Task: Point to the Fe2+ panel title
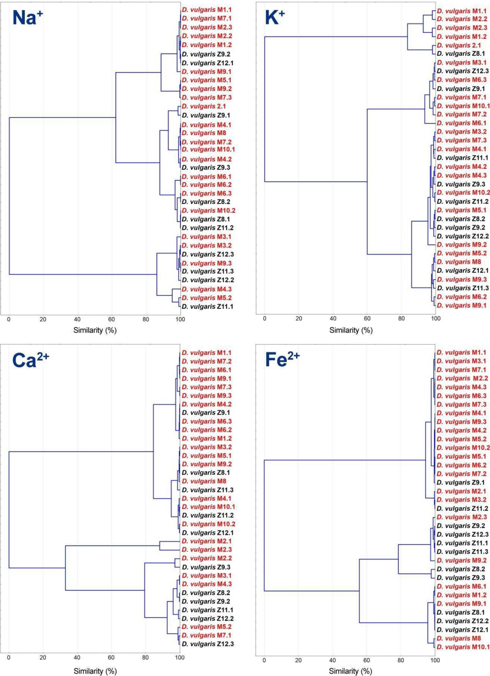point(282,360)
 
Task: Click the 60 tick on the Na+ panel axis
point(111,319)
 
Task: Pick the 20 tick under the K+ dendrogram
point(299,319)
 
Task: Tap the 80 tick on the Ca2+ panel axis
point(145,657)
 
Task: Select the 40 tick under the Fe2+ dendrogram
point(332,660)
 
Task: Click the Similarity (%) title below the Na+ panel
point(95,330)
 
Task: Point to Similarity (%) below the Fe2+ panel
point(350,671)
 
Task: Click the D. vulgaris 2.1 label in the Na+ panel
point(203,106)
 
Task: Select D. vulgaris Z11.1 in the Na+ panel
point(207,307)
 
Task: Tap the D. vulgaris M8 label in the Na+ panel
point(203,133)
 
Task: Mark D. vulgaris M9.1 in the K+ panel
point(462,305)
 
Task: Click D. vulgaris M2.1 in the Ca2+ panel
point(207,541)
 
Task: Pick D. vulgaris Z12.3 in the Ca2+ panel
point(207,644)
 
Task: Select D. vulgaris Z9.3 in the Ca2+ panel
point(206,567)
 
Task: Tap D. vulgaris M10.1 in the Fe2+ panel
point(463,647)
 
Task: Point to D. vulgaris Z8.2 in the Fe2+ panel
point(461,569)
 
